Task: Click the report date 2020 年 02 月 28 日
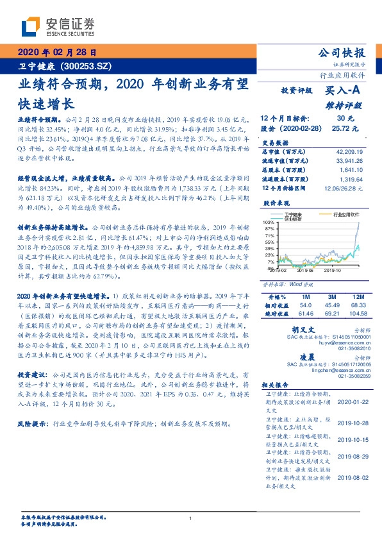(56, 53)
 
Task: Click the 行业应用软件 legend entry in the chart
(346, 216)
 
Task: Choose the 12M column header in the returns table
(356, 297)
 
